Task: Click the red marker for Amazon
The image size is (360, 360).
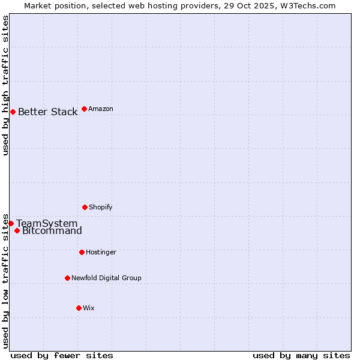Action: pos(84,109)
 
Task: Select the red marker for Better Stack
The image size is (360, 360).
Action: pos(13,112)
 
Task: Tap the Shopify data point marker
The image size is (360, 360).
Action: pos(85,207)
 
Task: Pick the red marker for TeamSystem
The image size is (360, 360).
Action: pos(11,223)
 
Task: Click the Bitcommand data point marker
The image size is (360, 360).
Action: pos(17,230)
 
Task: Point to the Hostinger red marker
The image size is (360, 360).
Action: pos(82,252)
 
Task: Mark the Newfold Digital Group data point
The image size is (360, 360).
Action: pos(67,278)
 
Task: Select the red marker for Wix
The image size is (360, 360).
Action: pos(79,308)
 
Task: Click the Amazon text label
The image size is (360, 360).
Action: pos(101,109)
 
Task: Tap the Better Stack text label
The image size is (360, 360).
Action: pos(47,112)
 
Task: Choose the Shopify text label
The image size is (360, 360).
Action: pos(101,207)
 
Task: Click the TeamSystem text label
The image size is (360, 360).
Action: pos(47,223)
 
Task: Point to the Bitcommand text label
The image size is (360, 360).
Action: pos(52,231)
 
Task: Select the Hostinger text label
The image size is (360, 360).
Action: pos(101,252)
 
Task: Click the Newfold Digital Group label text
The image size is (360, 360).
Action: pos(106,278)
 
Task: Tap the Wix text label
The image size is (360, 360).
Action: pos(89,308)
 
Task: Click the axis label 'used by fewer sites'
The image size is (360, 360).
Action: pos(62,355)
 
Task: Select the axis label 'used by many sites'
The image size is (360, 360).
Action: pos(301,355)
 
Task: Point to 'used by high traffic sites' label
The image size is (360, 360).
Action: pos(5,85)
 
